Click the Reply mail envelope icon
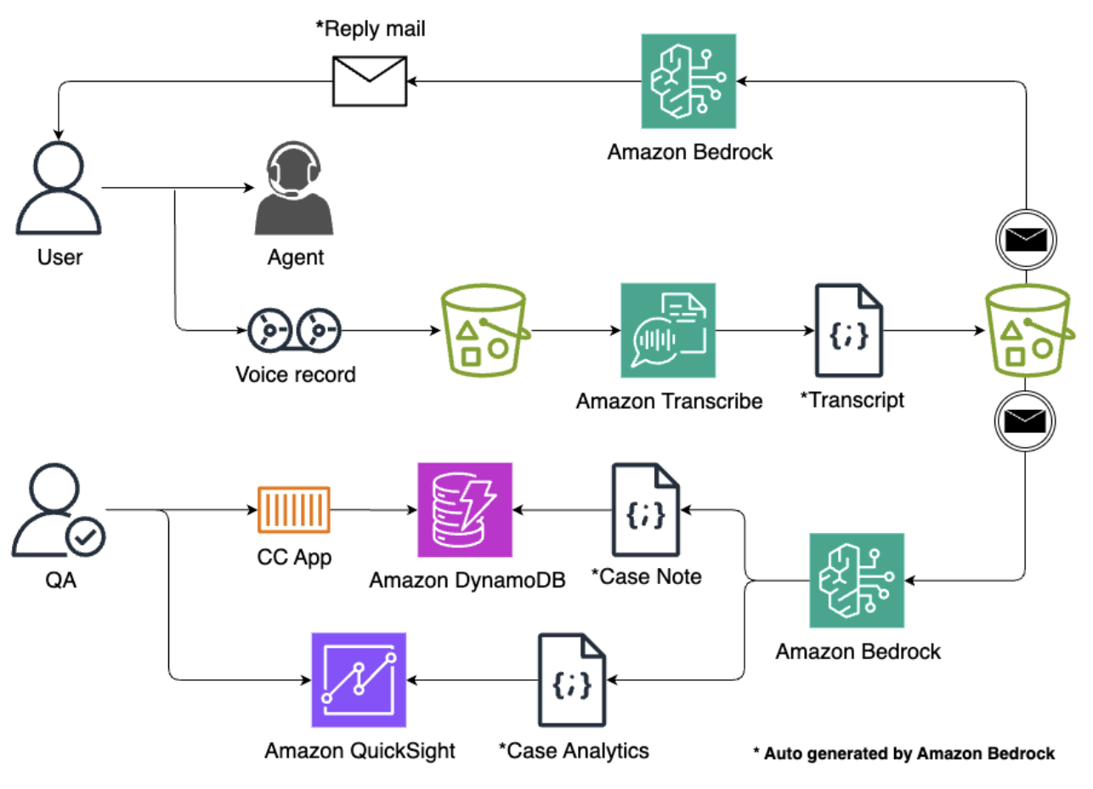(x=370, y=82)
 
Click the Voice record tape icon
(x=294, y=328)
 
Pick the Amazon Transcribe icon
(x=668, y=330)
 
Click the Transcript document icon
(x=848, y=330)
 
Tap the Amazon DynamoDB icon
(x=465, y=509)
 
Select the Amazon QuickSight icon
(x=359, y=679)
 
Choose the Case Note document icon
(x=646, y=509)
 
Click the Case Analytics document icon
(x=571, y=679)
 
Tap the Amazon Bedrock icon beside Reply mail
(x=688, y=82)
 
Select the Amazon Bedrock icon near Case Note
(x=857, y=581)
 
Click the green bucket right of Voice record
(x=481, y=328)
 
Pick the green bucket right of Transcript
(x=1027, y=328)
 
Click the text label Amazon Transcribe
(x=669, y=400)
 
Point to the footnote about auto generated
(x=904, y=753)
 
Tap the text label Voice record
(x=295, y=374)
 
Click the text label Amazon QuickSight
(x=360, y=751)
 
